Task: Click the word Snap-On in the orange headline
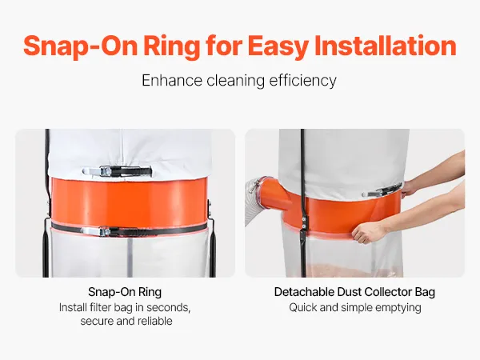[80, 46]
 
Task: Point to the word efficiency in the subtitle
[302, 81]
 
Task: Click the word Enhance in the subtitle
[172, 81]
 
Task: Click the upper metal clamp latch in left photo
[117, 171]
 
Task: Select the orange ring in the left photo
[129, 202]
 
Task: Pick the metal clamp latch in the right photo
[382, 190]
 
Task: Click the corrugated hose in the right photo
[254, 203]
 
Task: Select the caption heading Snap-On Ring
[125, 292]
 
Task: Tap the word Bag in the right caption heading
[425, 292]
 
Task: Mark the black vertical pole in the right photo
[303, 203]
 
